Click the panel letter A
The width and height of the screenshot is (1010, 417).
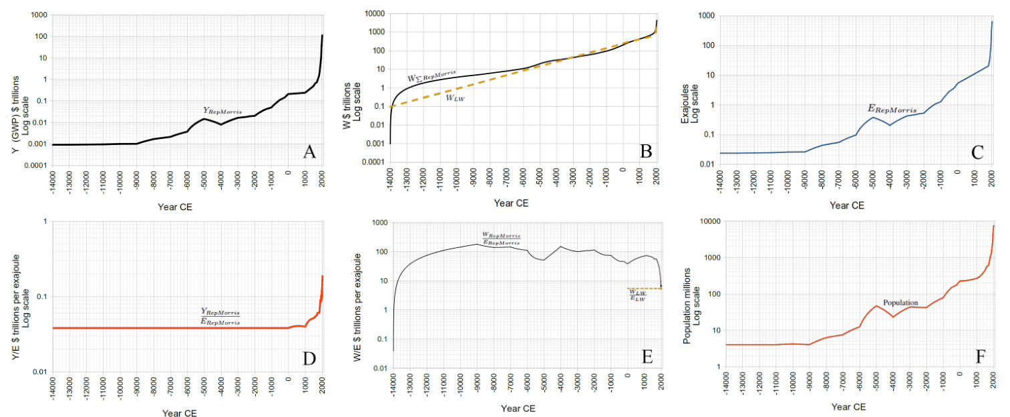309,152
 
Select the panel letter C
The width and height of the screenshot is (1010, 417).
977,152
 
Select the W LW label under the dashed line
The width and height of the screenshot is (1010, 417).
457,98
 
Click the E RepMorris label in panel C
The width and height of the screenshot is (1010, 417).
892,109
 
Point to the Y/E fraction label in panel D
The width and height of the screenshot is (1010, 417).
221,317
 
